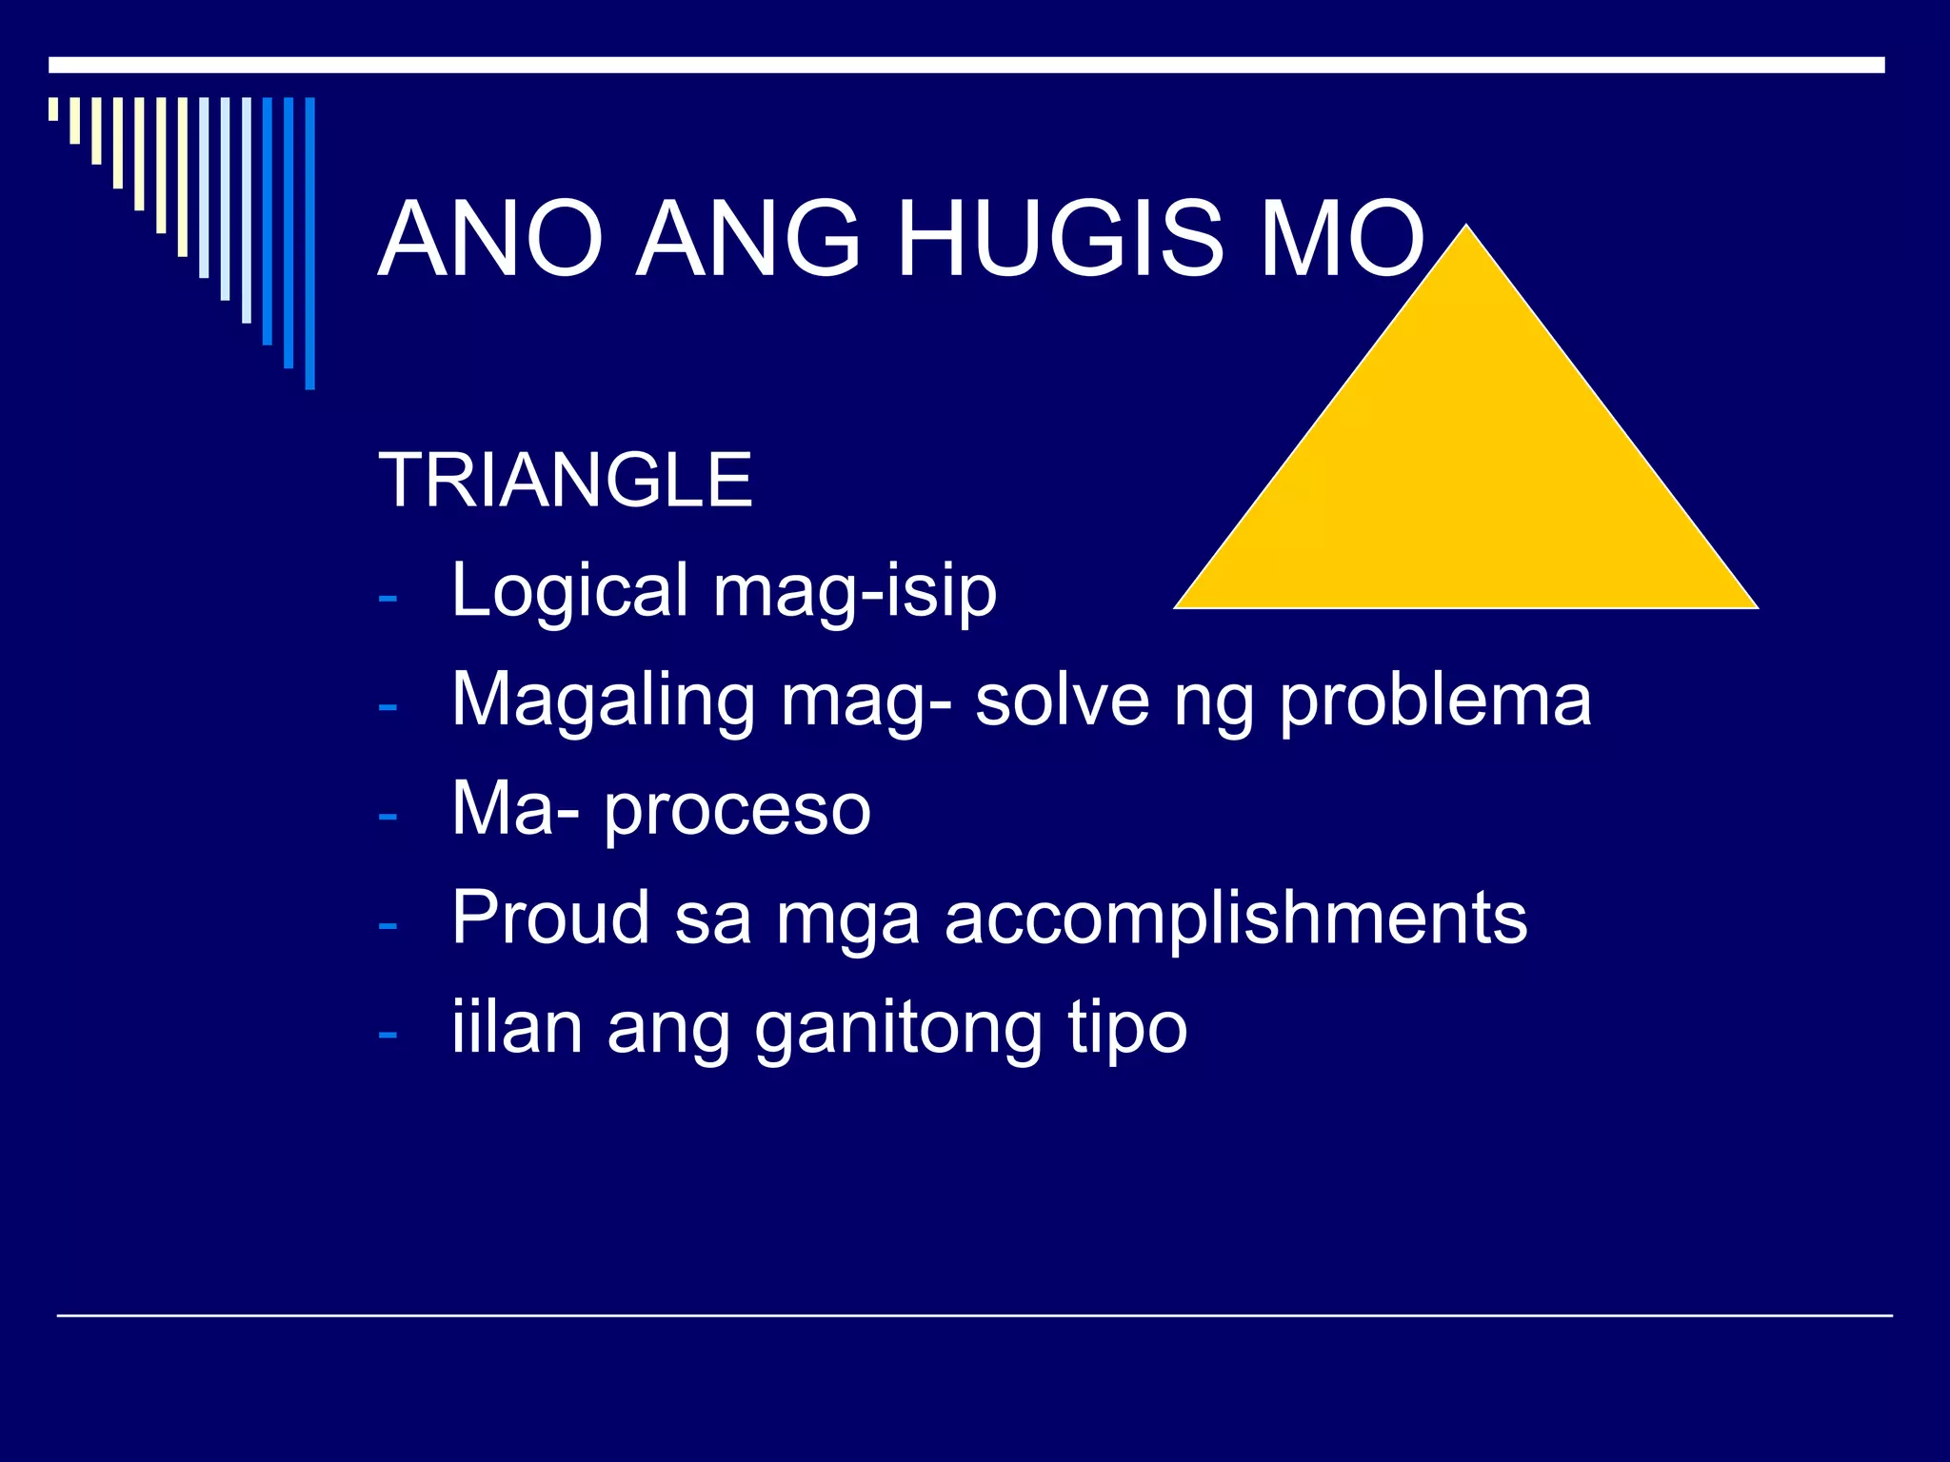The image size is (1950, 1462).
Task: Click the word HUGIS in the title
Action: coord(1060,239)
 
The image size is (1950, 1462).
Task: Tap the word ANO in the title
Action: coord(491,239)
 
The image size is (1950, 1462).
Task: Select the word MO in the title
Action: coord(1343,239)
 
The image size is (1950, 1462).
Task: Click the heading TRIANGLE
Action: coord(566,481)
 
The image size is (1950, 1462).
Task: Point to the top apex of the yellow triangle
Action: coord(1466,227)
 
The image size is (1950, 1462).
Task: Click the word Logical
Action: coord(569,592)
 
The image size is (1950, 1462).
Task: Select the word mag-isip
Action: coord(855,592)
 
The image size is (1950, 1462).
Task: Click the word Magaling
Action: coord(604,701)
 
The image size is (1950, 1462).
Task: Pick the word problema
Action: coord(1435,701)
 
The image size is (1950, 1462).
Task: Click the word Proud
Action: coord(550,918)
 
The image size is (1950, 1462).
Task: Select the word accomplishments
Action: coord(1236,919)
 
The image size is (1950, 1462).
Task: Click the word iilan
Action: coord(516,1028)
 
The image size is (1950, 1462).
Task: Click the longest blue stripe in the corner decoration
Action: coord(309,243)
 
